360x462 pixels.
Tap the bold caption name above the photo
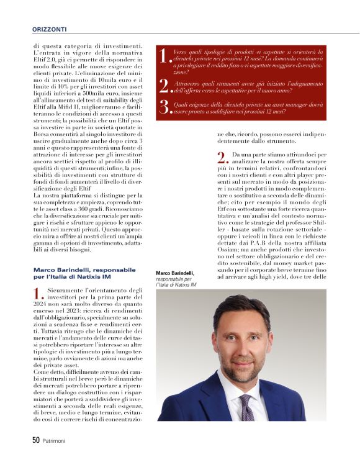point(176,273)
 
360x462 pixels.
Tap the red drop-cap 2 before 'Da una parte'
point(222,157)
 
